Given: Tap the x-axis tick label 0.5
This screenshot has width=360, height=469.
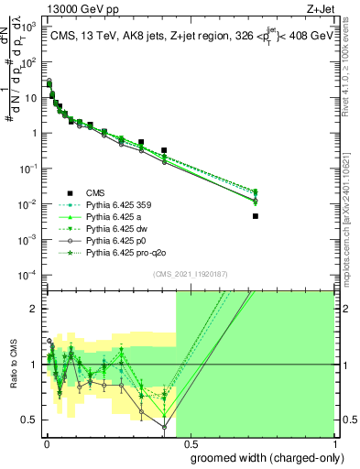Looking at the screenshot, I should [x=190, y=444].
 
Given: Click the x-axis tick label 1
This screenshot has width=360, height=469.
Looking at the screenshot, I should [x=333, y=444].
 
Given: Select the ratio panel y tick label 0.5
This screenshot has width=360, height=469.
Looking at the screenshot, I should [x=28, y=420].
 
